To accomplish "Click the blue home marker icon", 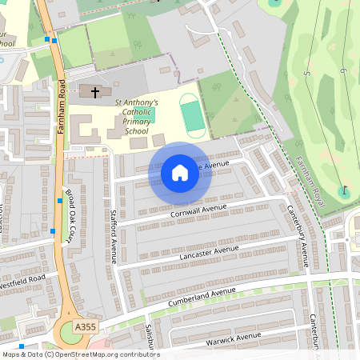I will (180, 172).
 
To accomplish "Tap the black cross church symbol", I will (95, 93).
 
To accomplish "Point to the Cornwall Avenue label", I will (198, 210).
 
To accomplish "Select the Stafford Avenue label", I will (114, 237).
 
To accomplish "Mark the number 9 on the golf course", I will (342, 72).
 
